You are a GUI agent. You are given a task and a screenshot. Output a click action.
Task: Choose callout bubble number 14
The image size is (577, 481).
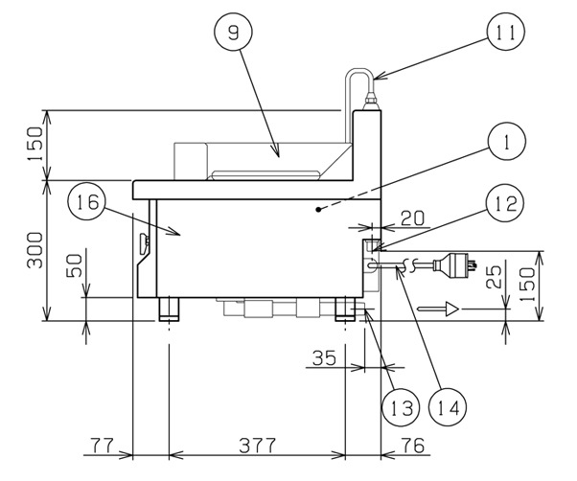450,406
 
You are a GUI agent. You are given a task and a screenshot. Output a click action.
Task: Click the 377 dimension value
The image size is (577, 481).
257,446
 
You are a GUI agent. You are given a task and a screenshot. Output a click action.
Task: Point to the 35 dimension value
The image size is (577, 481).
324,358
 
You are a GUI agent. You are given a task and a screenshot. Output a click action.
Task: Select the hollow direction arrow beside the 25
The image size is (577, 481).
448,309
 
